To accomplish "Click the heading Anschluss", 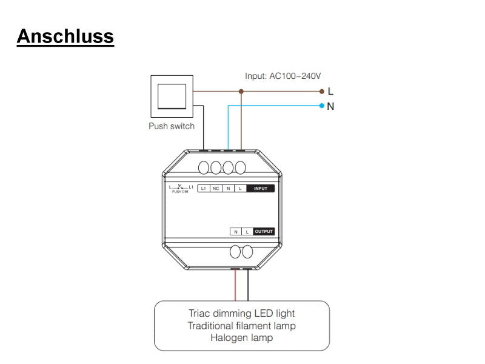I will pyautogui.click(x=65, y=36).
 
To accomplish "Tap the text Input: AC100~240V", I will pyautogui.click(x=283, y=76).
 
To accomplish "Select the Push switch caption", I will pyautogui.click(x=172, y=126).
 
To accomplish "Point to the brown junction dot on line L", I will pyautogui.click(x=241, y=92).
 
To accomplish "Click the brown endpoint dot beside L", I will pyautogui.click(x=321, y=92).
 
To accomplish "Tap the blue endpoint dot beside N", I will pyautogui.click(x=321, y=106).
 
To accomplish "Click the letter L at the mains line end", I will pyautogui.click(x=330, y=92).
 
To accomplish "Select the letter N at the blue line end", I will pyautogui.click(x=330, y=106).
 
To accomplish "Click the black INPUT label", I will pyautogui.click(x=261, y=189).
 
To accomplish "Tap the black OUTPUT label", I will pyautogui.click(x=264, y=231).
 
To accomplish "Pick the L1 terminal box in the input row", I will pyautogui.click(x=204, y=189).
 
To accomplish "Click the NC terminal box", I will pyautogui.click(x=216, y=189).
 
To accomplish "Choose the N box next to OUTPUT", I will pyautogui.click(x=236, y=231).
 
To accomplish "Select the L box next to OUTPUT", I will pyautogui.click(x=247, y=231).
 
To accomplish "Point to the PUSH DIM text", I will pyautogui.click(x=181, y=192).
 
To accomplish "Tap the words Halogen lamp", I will pyautogui.click(x=241, y=338).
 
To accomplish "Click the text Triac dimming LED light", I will pyautogui.click(x=241, y=314).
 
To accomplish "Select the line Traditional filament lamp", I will pyautogui.click(x=241, y=326).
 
